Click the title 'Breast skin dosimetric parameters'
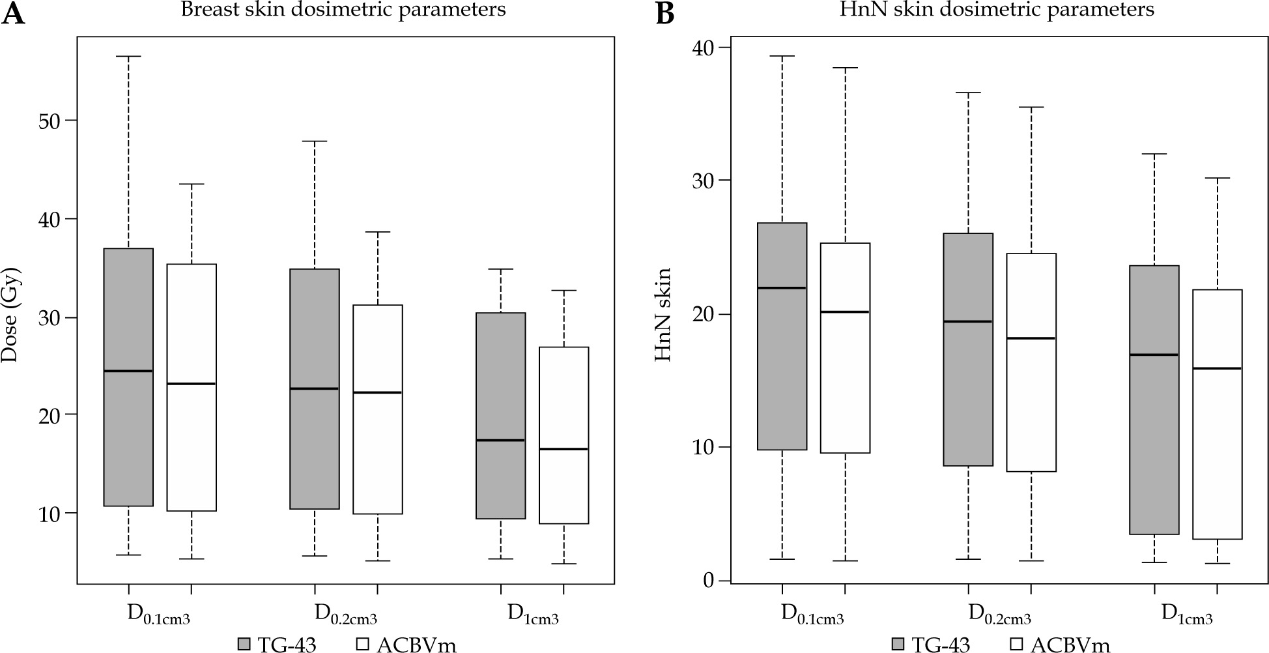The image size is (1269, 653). [343, 10]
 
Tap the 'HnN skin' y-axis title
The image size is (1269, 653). [663, 315]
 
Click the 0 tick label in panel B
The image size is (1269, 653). [707, 581]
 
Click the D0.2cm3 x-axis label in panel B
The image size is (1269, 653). [999, 615]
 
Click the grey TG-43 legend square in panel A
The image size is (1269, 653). [244, 644]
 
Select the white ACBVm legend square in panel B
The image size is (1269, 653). [1016, 644]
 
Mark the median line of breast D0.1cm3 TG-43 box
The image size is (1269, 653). [128, 371]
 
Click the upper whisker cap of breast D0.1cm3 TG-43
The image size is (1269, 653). [128, 57]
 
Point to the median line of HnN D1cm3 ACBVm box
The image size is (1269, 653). [1218, 369]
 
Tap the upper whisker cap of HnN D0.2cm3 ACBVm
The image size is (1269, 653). [1031, 107]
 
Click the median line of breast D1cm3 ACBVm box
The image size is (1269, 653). [564, 449]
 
